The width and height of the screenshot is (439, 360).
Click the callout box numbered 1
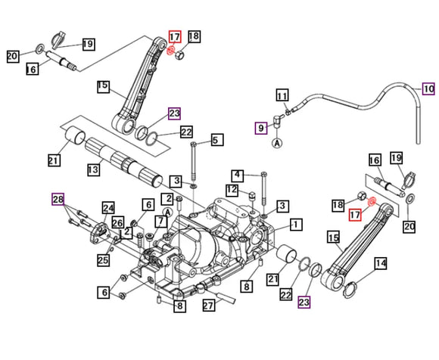click(296, 224)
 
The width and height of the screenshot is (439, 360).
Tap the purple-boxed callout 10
click(428, 88)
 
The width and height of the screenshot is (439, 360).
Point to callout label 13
click(93, 169)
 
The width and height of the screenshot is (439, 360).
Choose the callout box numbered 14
click(381, 263)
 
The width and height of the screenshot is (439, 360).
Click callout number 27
click(209, 305)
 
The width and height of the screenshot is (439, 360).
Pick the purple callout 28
click(58, 199)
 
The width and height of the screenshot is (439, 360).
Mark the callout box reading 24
click(108, 208)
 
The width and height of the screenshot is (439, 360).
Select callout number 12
click(232, 190)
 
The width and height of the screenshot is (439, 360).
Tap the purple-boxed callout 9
click(261, 128)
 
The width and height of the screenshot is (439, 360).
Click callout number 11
click(282, 95)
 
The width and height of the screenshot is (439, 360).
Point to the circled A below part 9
click(277, 143)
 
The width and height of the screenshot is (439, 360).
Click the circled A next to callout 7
click(168, 212)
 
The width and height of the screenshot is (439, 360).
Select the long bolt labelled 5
click(193, 161)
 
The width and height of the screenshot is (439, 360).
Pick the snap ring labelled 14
click(350, 289)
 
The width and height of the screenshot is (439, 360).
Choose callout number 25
click(103, 260)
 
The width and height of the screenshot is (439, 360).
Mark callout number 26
click(117, 222)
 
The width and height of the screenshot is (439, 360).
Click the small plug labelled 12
click(252, 195)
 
